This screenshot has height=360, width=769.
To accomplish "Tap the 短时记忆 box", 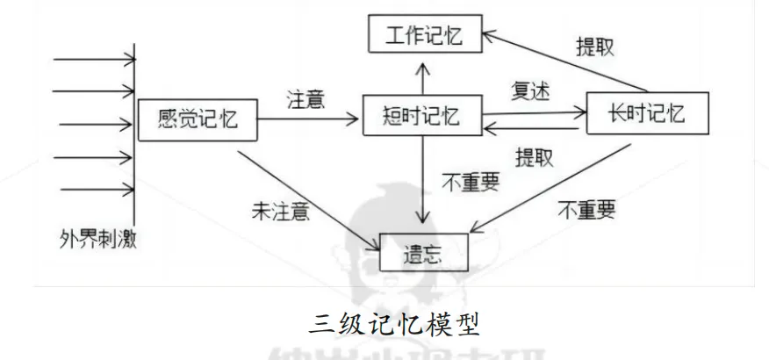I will (422, 114).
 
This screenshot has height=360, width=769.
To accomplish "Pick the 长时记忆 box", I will (646, 113).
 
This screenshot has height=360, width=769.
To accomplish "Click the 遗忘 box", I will (424, 251).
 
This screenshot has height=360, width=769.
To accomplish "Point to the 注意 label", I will (306, 98).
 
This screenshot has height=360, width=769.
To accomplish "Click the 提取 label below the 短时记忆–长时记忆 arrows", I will (534, 158).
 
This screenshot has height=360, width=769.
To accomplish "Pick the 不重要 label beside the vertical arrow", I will (470, 182).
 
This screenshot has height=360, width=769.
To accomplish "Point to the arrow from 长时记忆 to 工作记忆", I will (571, 61).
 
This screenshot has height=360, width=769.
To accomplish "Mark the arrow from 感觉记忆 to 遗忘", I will (307, 194).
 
